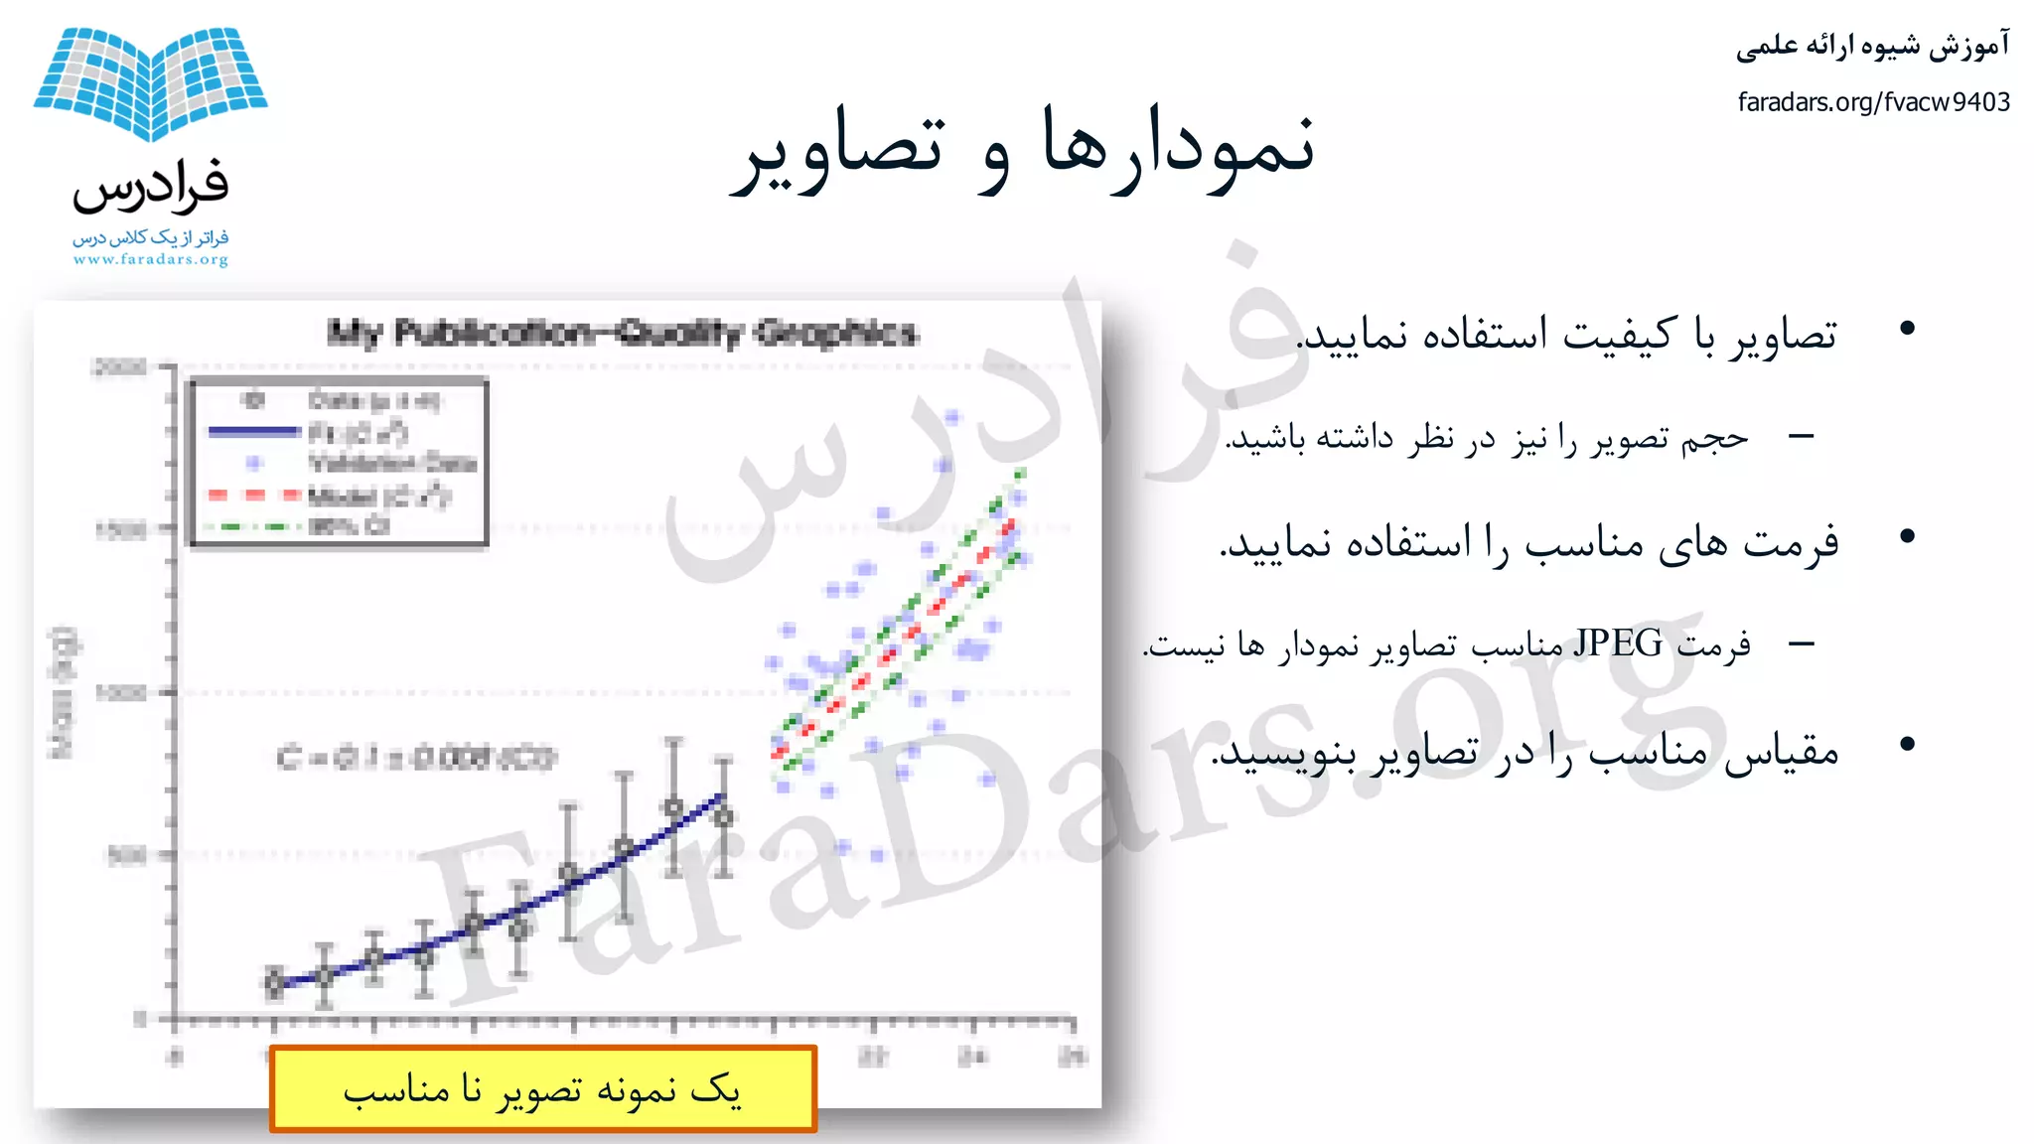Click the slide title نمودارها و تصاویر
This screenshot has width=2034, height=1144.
coord(1023,149)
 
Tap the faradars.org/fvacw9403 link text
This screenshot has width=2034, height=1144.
coord(1873,102)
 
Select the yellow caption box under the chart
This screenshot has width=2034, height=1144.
coord(542,1089)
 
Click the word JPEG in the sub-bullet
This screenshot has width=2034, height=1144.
coord(1618,643)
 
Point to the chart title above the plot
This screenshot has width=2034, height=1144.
coord(623,333)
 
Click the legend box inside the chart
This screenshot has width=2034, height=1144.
coord(339,463)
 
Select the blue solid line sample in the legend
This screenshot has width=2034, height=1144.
coord(253,432)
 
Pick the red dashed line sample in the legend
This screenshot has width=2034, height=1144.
coord(253,495)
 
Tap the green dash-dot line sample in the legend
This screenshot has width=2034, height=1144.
coord(253,526)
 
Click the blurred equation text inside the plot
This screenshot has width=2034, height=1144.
coord(416,759)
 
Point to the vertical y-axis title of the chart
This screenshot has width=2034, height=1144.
coord(62,692)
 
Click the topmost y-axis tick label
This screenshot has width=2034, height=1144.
coord(120,367)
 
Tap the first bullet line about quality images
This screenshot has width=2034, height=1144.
coord(1567,335)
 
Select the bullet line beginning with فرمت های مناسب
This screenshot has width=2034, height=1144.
coord(1529,542)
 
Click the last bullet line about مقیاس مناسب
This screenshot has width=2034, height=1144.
coord(1525,752)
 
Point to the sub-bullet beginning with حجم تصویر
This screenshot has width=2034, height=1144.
coord(1486,438)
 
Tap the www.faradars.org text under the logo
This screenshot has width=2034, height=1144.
coord(150,260)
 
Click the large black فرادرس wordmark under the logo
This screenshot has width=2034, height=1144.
coord(150,187)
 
